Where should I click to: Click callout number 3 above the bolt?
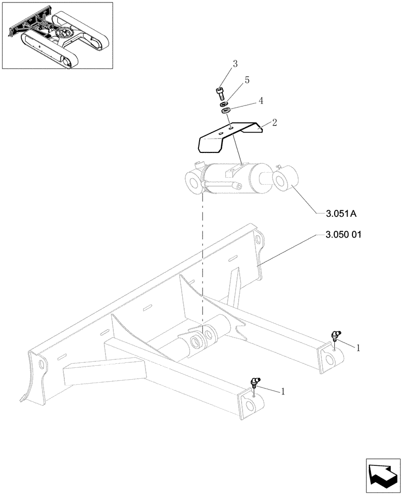coord(235,64)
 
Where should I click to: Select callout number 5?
coord(247,80)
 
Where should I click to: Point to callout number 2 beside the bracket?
coord(273,122)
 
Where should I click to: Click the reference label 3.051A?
coord(341,214)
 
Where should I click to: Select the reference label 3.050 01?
coord(344,235)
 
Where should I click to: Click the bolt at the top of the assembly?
coord(220,93)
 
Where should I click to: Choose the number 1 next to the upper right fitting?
coord(358,348)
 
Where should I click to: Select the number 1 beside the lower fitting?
coord(283,392)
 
